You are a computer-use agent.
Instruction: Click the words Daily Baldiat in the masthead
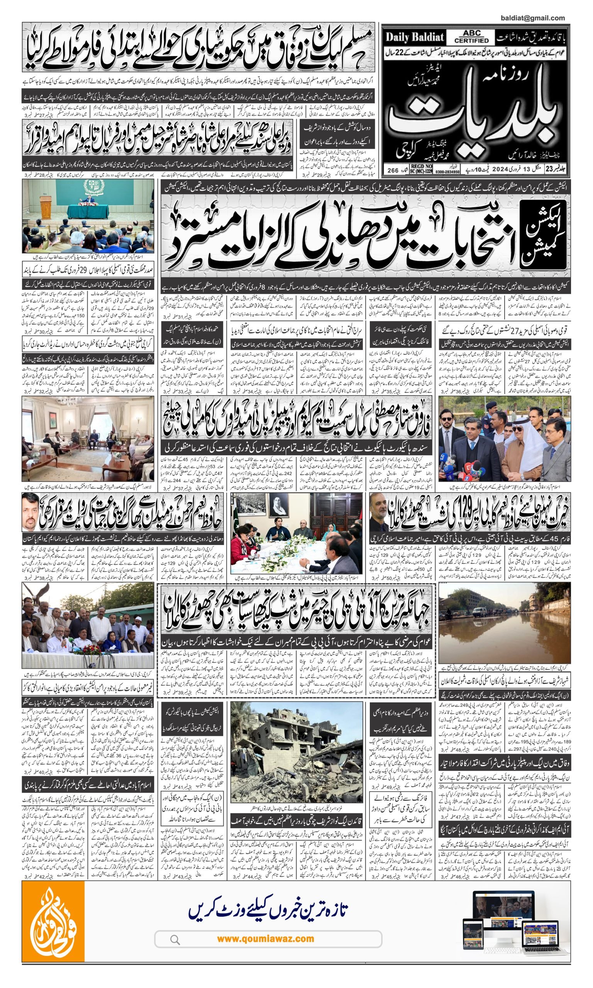(x=415, y=37)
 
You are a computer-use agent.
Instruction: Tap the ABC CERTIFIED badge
(x=471, y=37)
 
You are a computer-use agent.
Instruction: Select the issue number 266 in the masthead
(x=393, y=170)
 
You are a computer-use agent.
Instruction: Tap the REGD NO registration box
(x=415, y=169)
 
